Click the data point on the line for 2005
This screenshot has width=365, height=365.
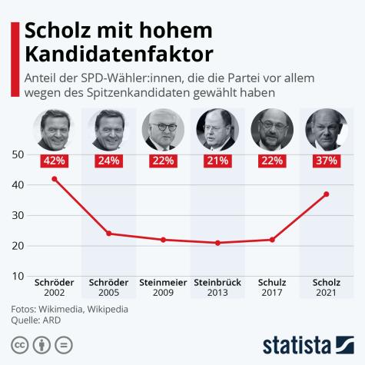point(108,233)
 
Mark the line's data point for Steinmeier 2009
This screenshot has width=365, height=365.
point(163,239)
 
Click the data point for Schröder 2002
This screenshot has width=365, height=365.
point(54,178)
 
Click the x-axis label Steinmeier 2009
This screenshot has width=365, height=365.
point(163,287)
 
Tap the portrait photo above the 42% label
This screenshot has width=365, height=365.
point(54,129)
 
